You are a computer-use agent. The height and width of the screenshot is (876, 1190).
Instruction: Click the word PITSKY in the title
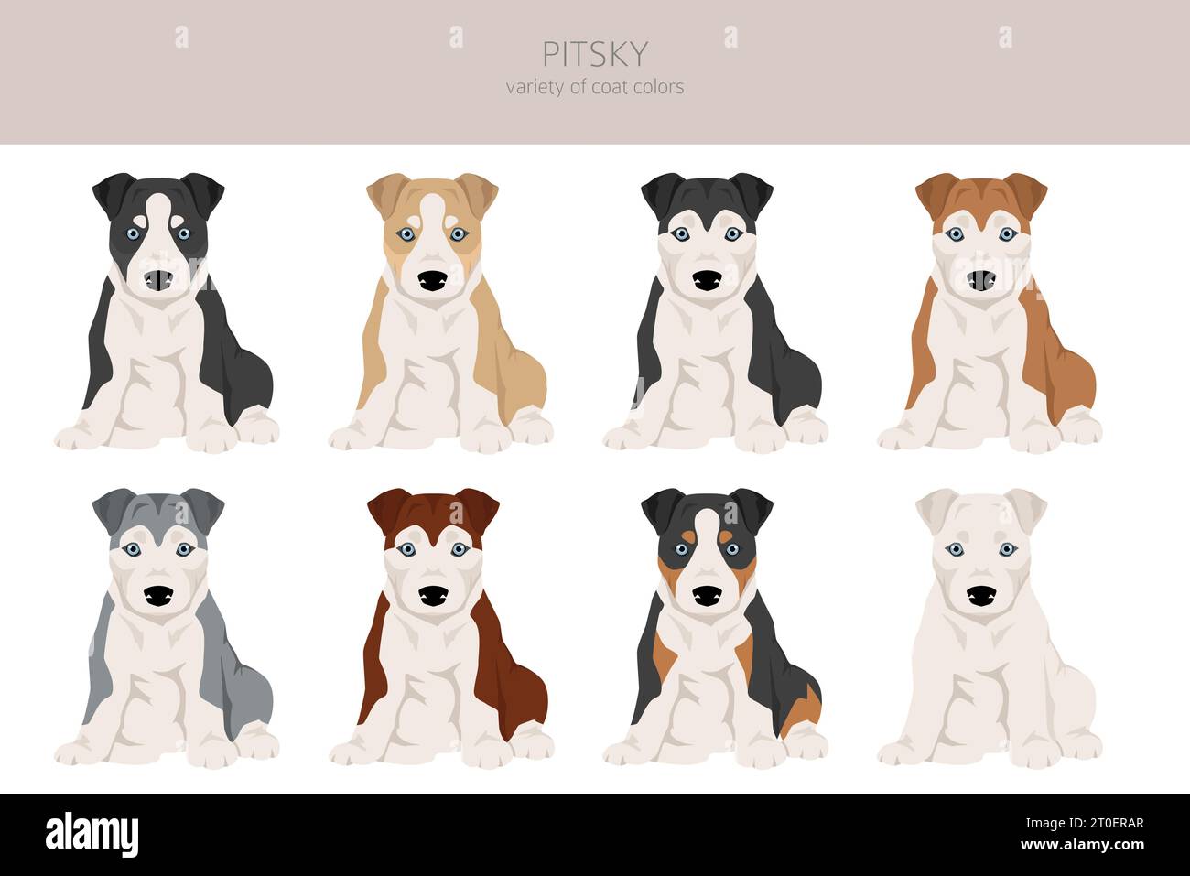click(x=594, y=54)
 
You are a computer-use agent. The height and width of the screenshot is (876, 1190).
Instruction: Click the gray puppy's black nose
click(x=157, y=597)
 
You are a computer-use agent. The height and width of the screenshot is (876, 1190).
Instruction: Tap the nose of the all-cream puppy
click(x=980, y=597)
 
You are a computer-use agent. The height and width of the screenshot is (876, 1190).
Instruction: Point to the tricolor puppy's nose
click(x=706, y=597)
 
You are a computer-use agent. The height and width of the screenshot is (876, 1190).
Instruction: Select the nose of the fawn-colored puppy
click(x=432, y=281)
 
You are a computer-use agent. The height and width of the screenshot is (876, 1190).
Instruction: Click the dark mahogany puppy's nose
click(x=432, y=597)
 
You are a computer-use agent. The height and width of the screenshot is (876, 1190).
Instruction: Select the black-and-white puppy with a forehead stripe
click(x=165, y=311)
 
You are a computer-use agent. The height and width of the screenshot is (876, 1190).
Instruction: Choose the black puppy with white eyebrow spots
click(x=714, y=311)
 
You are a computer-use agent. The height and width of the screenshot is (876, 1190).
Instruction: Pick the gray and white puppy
click(x=165, y=627)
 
